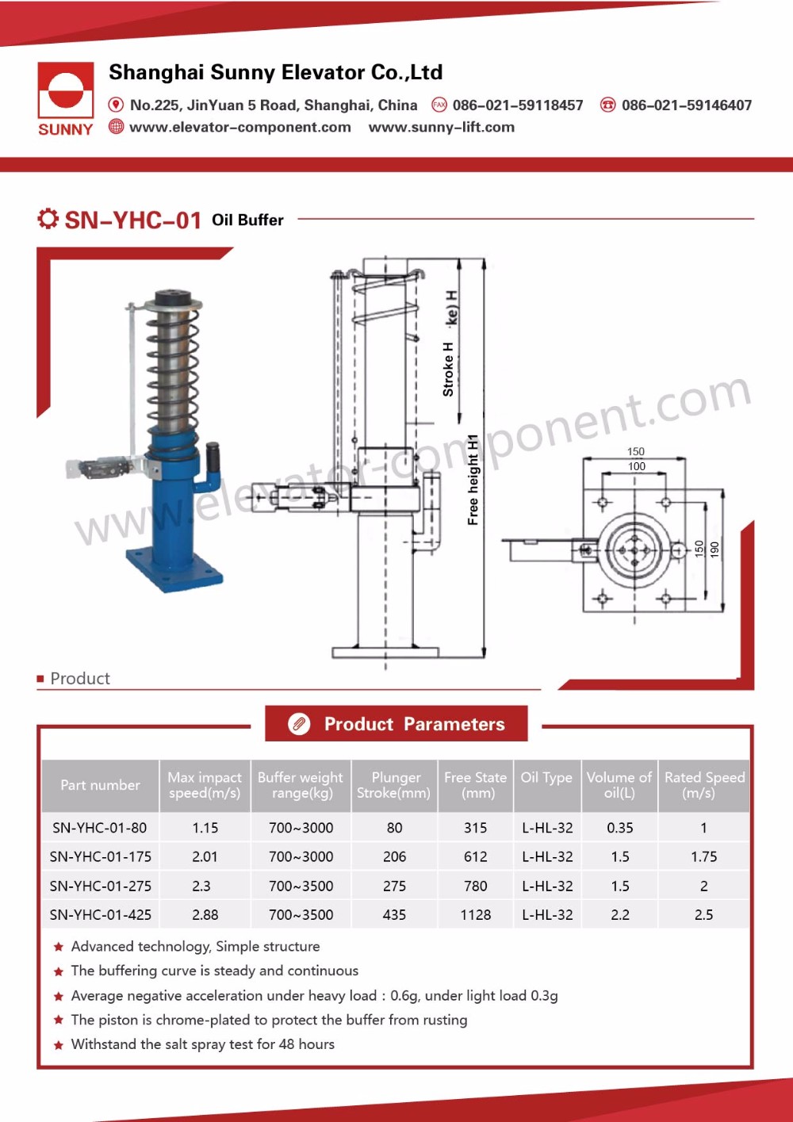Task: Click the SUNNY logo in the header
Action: (66, 99)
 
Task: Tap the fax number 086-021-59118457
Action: (517, 105)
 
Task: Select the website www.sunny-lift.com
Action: (441, 128)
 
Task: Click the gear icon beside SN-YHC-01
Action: (48, 219)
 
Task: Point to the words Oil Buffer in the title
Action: (247, 220)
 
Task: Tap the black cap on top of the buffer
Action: (174, 299)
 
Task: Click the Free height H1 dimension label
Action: (473, 480)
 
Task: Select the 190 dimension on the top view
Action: (714, 548)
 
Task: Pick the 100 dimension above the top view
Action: (636, 466)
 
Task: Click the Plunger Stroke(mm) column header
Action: (394, 785)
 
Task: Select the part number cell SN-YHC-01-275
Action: (101, 886)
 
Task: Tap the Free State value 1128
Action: (476, 915)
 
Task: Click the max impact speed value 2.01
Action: (205, 857)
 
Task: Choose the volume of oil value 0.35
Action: (619, 828)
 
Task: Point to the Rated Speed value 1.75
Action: (703, 857)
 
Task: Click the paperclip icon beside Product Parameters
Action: (299, 724)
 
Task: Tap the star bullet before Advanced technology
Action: (59, 947)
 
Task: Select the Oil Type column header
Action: (546, 778)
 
